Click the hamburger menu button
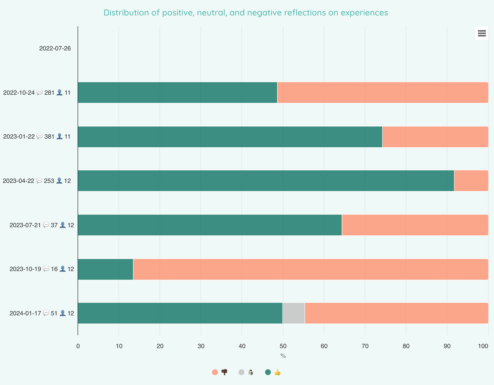click(x=481, y=33)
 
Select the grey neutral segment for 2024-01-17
click(x=294, y=313)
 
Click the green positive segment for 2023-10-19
click(x=105, y=269)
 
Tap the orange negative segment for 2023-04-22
click(x=471, y=181)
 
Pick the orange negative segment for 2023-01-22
click(x=435, y=137)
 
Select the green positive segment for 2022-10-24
click(x=178, y=93)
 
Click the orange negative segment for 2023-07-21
click(x=415, y=225)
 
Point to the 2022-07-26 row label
click(x=55, y=48)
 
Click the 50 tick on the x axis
click(x=283, y=346)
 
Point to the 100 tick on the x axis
click(x=483, y=346)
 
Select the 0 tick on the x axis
click(x=78, y=346)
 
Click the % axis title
click(x=283, y=356)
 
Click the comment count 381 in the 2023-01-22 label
click(x=49, y=137)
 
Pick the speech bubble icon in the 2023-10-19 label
click(x=46, y=269)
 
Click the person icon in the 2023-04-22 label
click(x=59, y=181)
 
